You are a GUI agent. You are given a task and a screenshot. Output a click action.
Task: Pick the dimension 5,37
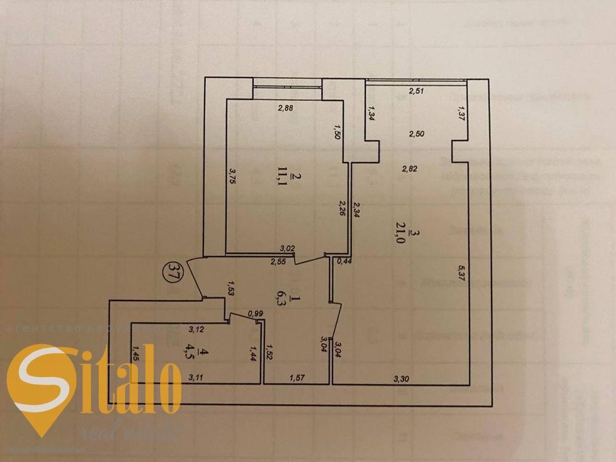[461, 275]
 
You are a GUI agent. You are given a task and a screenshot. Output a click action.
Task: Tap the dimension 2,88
[285, 108]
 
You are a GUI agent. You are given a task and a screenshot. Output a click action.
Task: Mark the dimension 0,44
[343, 262]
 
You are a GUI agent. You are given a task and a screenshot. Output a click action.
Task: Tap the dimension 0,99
[254, 314]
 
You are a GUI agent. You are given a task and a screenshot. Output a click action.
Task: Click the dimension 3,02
[286, 248]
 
